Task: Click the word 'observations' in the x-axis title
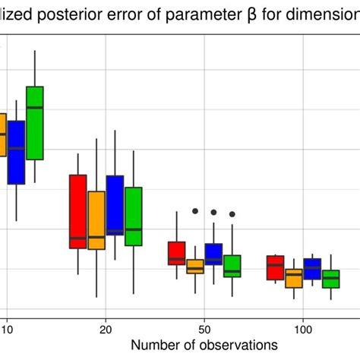click(x=229, y=344)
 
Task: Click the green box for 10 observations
click(x=35, y=123)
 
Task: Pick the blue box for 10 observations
click(x=16, y=152)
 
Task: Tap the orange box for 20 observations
click(x=96, y=219)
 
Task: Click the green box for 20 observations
click(x=134, y=216)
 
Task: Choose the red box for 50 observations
click(x=176, y=253)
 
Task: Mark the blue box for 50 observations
click(x=213, y=254)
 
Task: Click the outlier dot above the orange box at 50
click(x=195, y=211)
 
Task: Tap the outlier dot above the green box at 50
click(x=232, y=214)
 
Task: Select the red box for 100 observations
click(x=275, y=267)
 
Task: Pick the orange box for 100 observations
click(x=293, y=278)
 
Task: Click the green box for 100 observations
click(x=330, y=279)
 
